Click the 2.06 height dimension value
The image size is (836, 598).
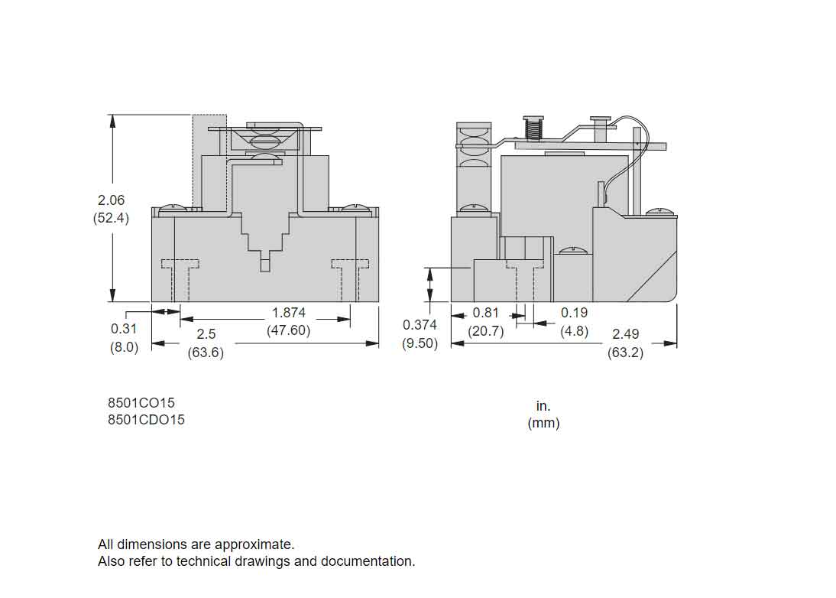(111, 200)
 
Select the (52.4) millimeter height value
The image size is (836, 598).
(111, 217)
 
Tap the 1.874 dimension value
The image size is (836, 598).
(289, 313)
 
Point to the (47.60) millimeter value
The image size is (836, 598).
(289, 330)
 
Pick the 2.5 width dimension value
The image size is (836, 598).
(206, 335)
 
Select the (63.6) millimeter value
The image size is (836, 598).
(206, 353)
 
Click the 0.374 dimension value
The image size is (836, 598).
(420, 326)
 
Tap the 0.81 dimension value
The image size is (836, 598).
(486, 313)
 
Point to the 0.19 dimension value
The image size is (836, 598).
(575, 313)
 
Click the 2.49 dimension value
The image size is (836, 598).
(626, 335)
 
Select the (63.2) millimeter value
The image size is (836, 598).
(626, 353)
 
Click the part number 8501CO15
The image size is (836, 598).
(146, 402)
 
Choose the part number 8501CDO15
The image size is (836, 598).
(146, 419)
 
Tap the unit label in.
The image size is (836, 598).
(543, 406)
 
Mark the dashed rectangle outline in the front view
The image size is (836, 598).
(209, 161)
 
